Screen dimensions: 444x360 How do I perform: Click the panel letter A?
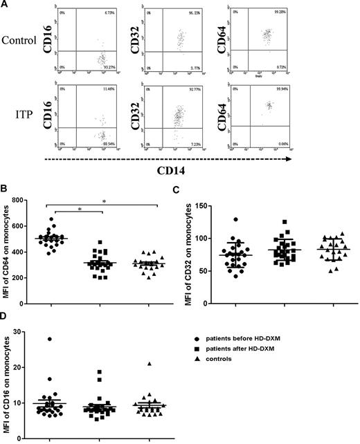[5, 5]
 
